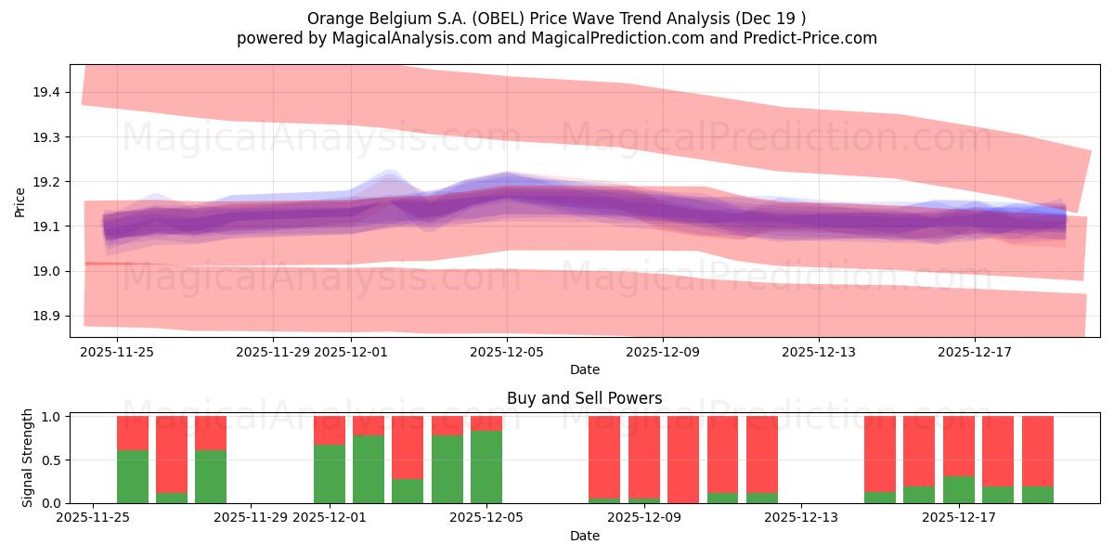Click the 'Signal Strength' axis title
click(28, 458)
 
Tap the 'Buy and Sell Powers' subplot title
click(584, 398)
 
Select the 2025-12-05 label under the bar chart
click(487, 518)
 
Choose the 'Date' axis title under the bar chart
click(584, 536)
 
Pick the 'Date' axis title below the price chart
click(584, 369)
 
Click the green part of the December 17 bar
click(959, 489)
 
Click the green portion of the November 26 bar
click(133, 476)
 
